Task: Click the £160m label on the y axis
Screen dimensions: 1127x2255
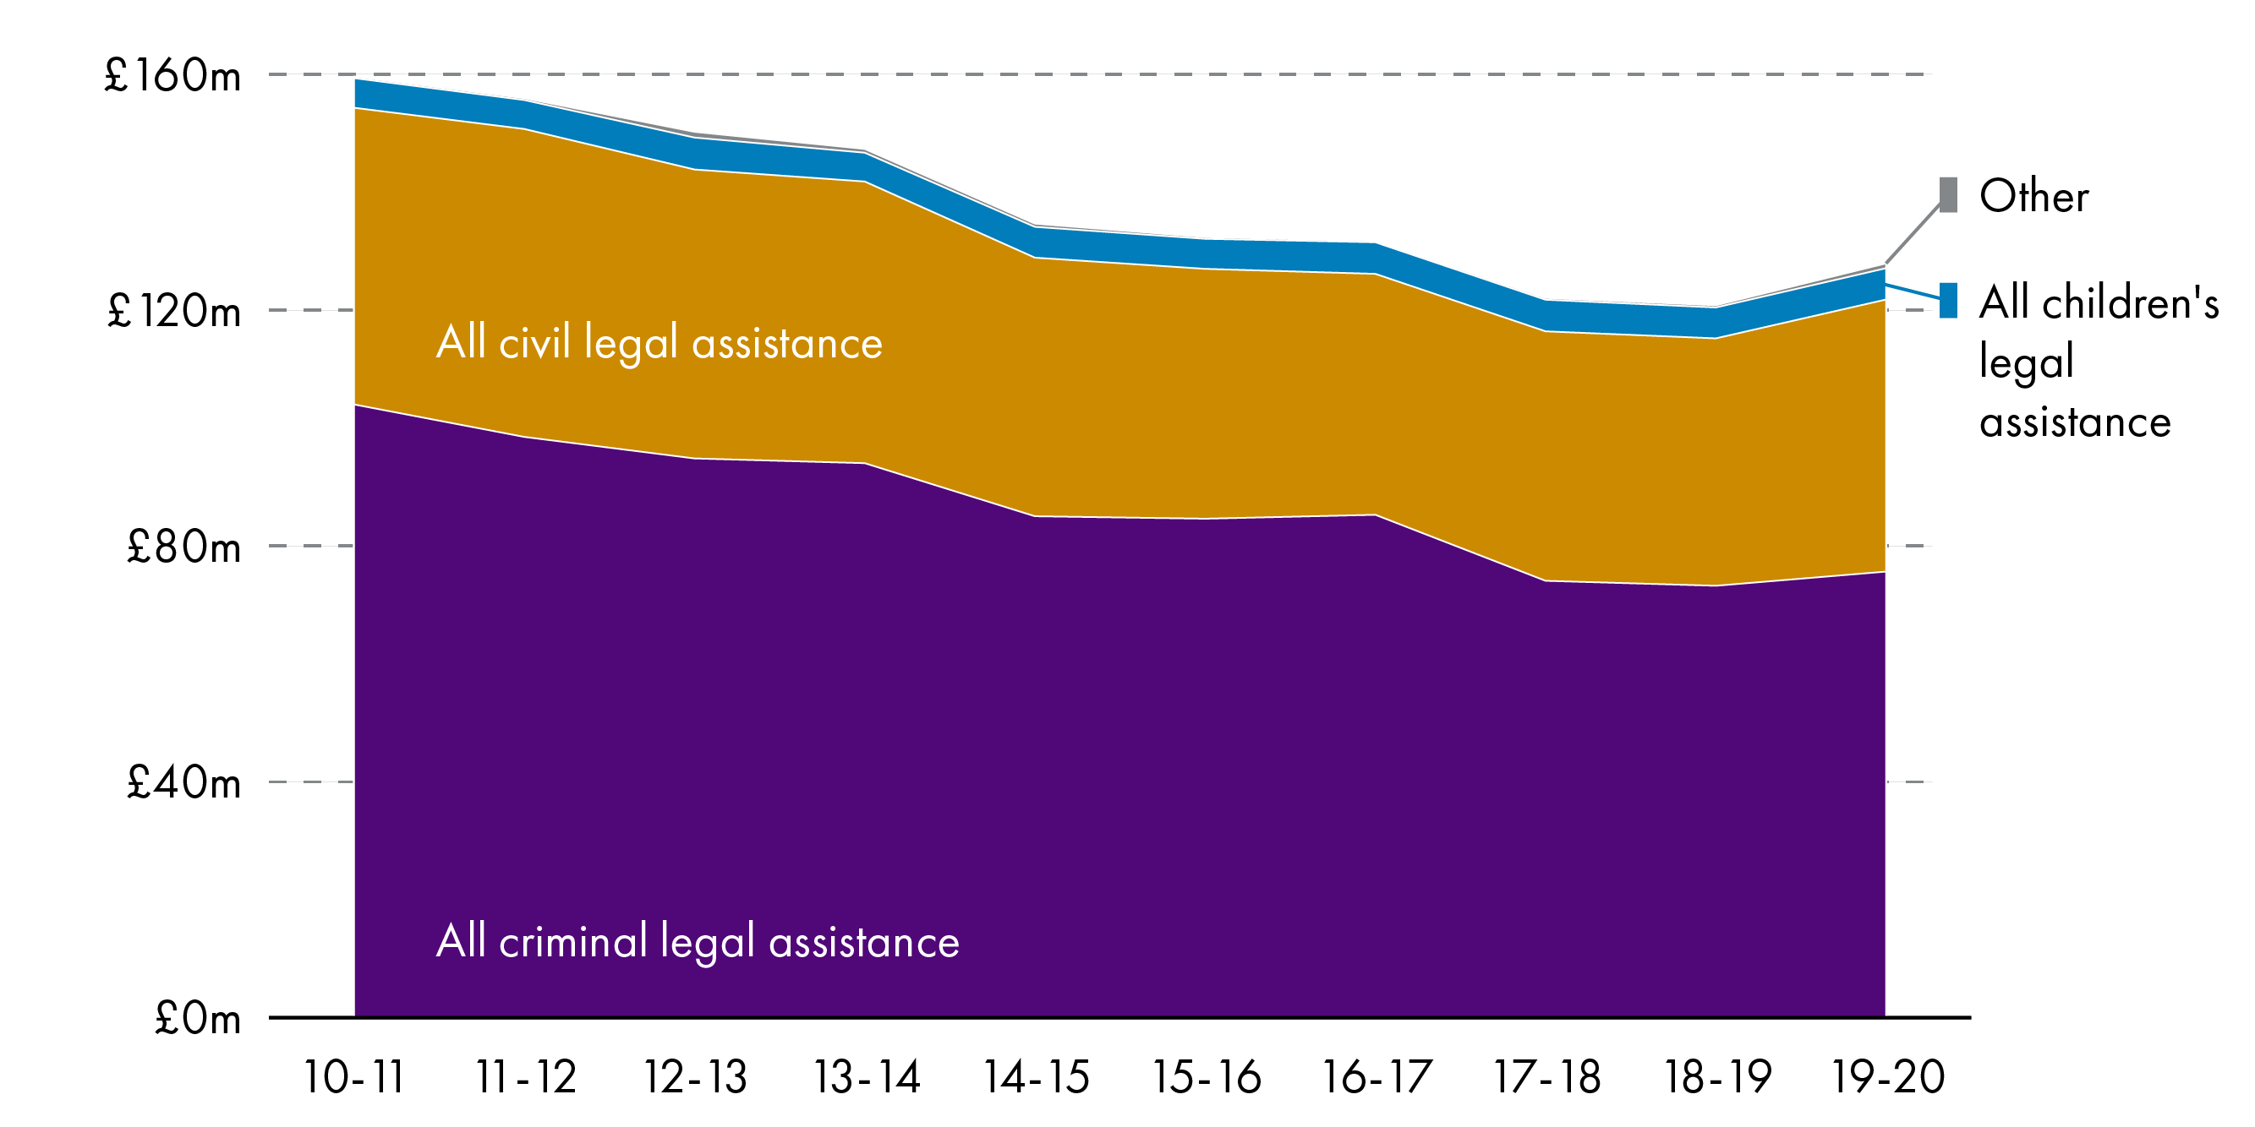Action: pyautogui.click(x=172, y=76)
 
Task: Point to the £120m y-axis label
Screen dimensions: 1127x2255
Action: pyautogui.click(x=173, y=312)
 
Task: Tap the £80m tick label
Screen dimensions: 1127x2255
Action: pyautogui.click(x=183, y=547)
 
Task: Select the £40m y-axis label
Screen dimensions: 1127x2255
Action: pyautogui.click(x=183, y=783)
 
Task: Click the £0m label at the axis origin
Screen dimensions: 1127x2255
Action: pyautogui.click(x=198, y=1019)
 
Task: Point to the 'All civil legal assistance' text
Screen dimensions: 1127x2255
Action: pyautogui.click(x=660, y=343)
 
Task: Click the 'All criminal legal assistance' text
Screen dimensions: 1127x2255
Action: pyautogui.click(x=698, y=942)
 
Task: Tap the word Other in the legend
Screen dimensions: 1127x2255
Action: pyautogui.click(x=2033, y=196)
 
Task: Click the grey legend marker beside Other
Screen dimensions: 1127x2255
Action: pyautogui.click(x=1948, y=194)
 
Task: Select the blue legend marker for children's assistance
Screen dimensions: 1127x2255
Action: pyautogui.click(x=1948, y=300)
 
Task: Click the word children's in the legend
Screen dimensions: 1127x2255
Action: pyautogui.click(x=2130, y=302)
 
